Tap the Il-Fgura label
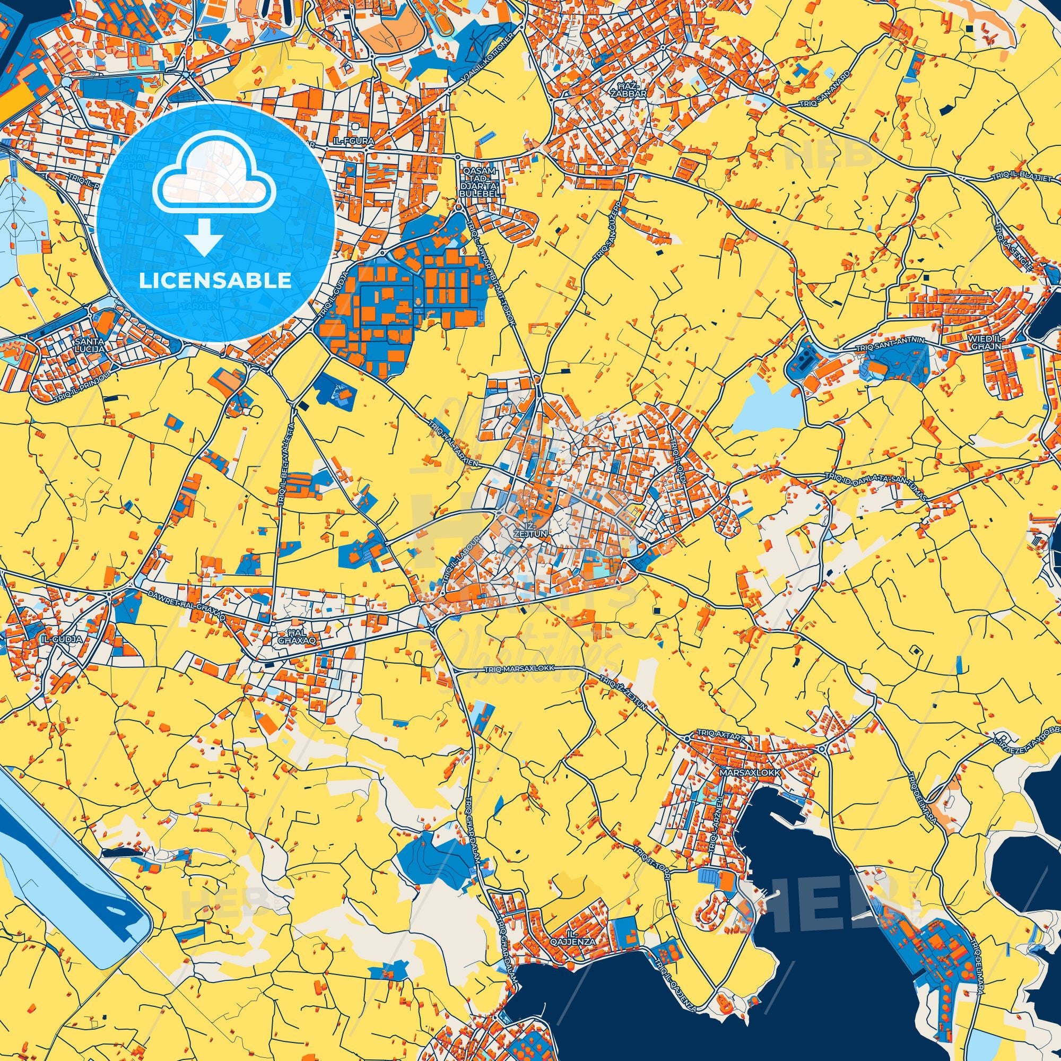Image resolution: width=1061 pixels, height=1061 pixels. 353,141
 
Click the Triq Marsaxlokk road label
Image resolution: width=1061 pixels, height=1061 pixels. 520,668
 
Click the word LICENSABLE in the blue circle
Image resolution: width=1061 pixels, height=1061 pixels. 215,281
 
